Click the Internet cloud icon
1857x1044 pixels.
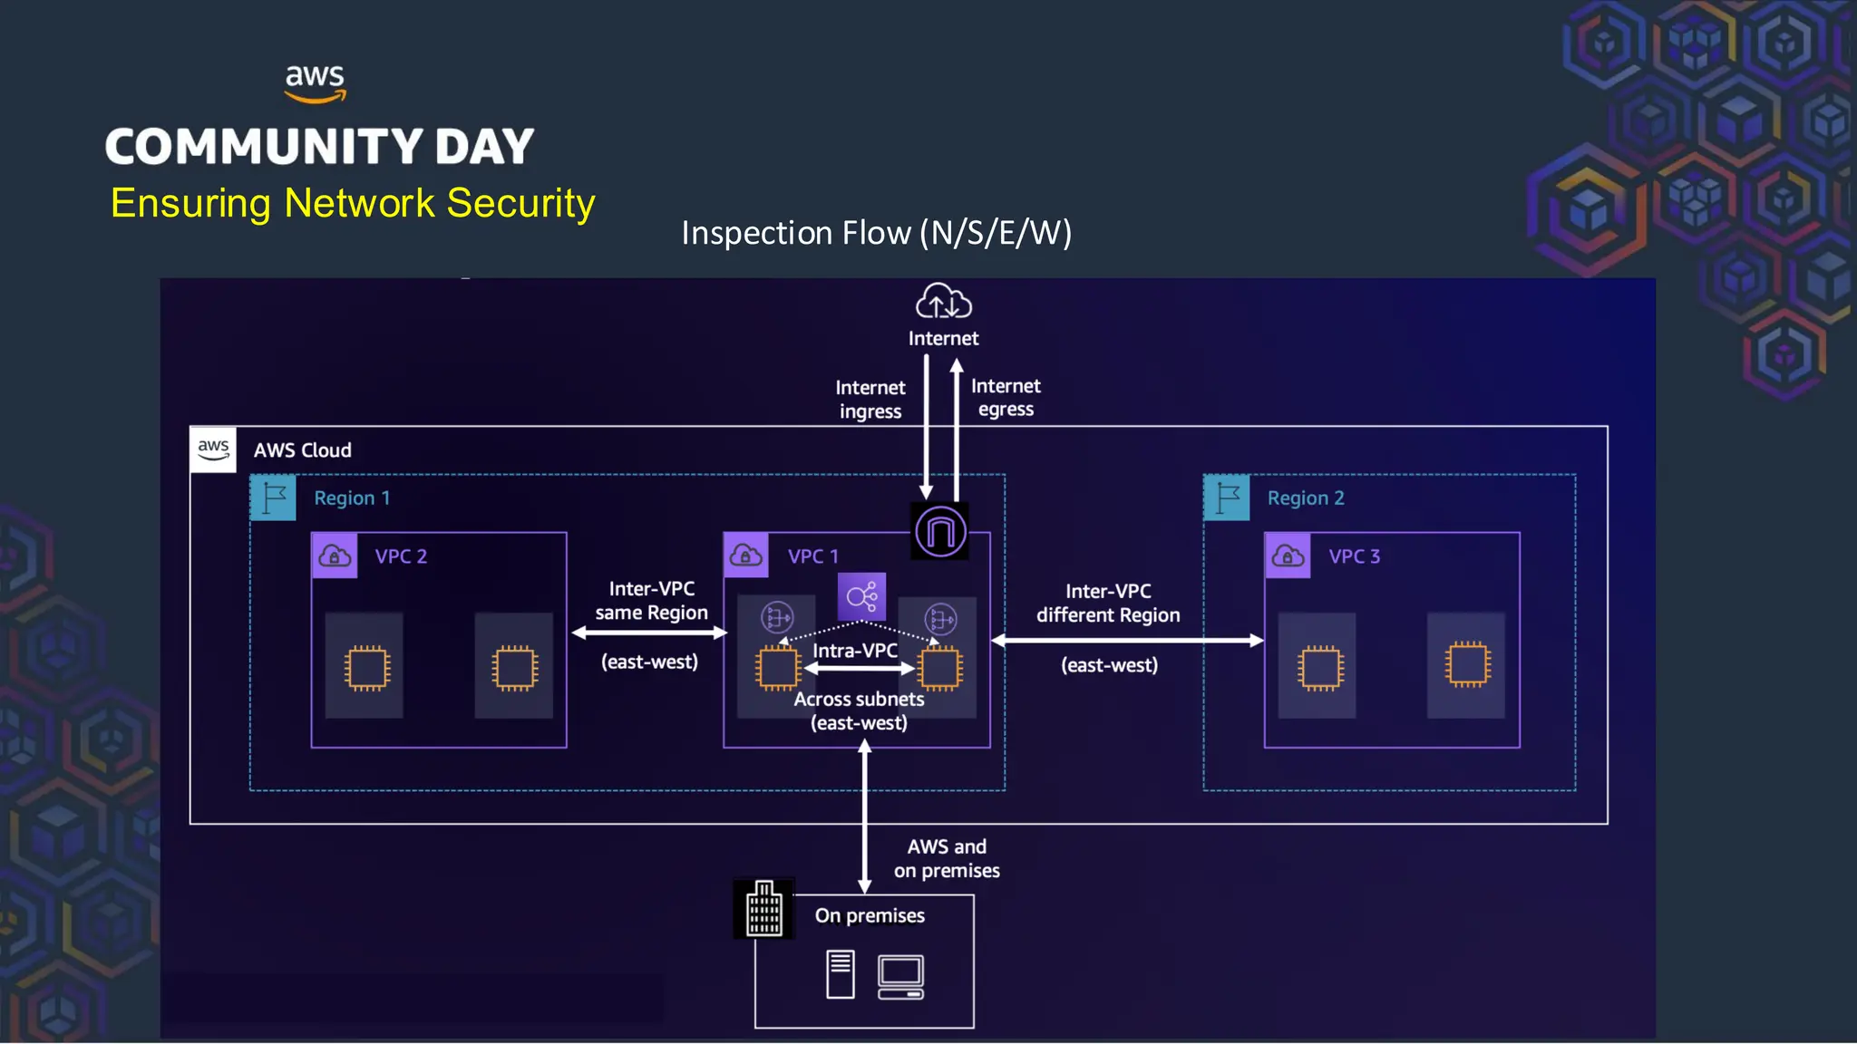(943, 301)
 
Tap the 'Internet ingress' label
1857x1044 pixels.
(870, 400)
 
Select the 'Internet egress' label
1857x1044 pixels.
(1006, 397)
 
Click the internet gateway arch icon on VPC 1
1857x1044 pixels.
(939, 531)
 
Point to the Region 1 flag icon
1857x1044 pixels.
(274, 498)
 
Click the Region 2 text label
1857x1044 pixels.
(1305, 498)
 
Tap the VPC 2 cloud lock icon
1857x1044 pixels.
(335, 556)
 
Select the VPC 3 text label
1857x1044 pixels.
(1354, 556)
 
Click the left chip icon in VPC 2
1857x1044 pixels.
(367, 669)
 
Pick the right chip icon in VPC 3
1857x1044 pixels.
(1466, 665)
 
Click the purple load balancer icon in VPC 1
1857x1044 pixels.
(861, 596)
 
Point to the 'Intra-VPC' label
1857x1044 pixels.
(855, 651)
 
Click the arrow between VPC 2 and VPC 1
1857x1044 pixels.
(649, 633)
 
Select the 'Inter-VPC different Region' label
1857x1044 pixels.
(1108, 604)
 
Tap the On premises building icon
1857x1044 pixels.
(763, 908)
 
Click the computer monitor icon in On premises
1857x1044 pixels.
(900, 977)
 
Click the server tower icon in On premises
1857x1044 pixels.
(840, 974)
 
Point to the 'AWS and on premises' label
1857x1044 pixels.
(947, 858)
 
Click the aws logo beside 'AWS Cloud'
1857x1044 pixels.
(213, 449)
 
